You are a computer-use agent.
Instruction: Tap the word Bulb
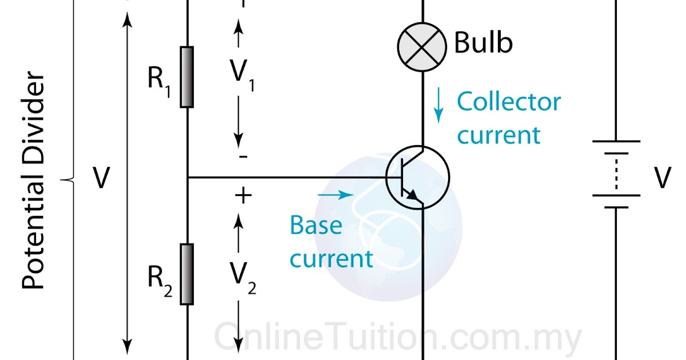[483, 43]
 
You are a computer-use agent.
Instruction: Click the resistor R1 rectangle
[187, 77]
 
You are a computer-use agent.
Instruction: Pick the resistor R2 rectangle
[187, 274]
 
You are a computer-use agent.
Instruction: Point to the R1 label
[159, 80]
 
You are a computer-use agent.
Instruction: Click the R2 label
[159, 279]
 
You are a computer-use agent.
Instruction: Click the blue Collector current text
[508, 119]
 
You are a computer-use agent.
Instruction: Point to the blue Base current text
[330, 242]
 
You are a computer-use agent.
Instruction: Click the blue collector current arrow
[438, 106]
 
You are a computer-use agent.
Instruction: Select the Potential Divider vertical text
[34, 180]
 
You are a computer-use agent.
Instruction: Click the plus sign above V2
[243, 196]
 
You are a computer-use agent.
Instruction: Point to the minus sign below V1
[243, 157]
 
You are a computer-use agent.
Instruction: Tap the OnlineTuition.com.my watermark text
[398, 337]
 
